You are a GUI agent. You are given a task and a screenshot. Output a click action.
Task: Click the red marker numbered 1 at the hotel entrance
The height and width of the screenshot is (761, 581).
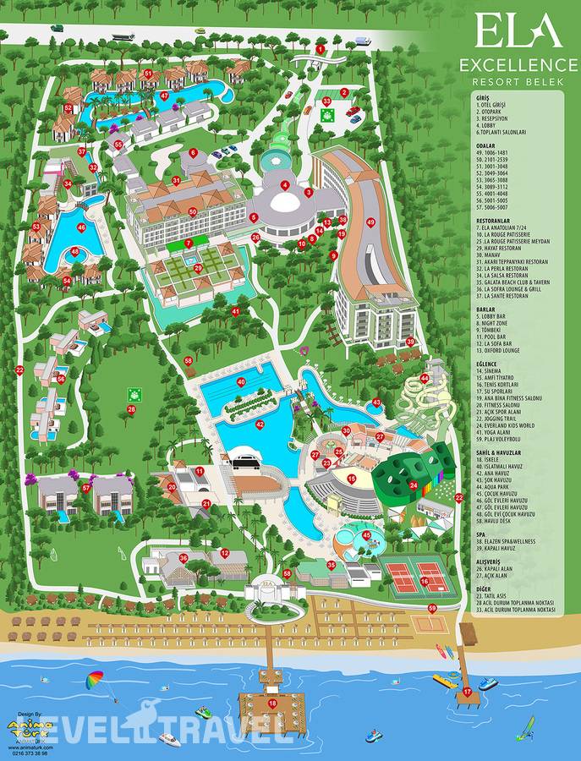click(x=321, y=49)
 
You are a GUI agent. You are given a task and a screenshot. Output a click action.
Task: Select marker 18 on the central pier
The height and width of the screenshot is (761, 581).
click(x=271, y=702)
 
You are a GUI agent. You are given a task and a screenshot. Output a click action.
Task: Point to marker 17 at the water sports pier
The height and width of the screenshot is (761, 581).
click(x=466, y=691)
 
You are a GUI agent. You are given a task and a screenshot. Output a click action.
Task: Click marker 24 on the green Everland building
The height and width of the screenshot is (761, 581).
click(x=413, y=485)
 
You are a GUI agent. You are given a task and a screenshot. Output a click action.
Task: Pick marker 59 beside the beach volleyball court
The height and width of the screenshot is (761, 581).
click(x=432, y=608)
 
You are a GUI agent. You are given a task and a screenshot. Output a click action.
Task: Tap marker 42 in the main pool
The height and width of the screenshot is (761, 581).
click(x=260, y=425)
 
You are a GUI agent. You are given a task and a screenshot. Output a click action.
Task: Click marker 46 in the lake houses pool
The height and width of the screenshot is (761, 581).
click(x=81, y=227)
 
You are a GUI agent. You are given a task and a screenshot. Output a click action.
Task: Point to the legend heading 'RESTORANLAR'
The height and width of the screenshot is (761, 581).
click(x=497, y=219)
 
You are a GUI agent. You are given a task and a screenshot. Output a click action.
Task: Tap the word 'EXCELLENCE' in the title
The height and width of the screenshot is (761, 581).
click(x=518, y=65)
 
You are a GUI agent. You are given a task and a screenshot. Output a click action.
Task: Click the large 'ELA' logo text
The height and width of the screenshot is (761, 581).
click(x=518, y=31)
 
